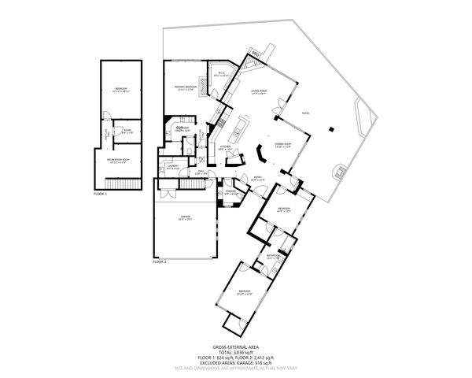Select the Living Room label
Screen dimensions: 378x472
pos(260,92)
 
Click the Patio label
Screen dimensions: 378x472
pos(305,113)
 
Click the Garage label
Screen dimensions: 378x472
pos(185,217)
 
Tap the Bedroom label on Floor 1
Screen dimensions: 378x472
pos(120,88)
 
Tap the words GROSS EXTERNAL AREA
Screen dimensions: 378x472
pos(235,346)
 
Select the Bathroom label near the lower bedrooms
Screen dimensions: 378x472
pos(273,256)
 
